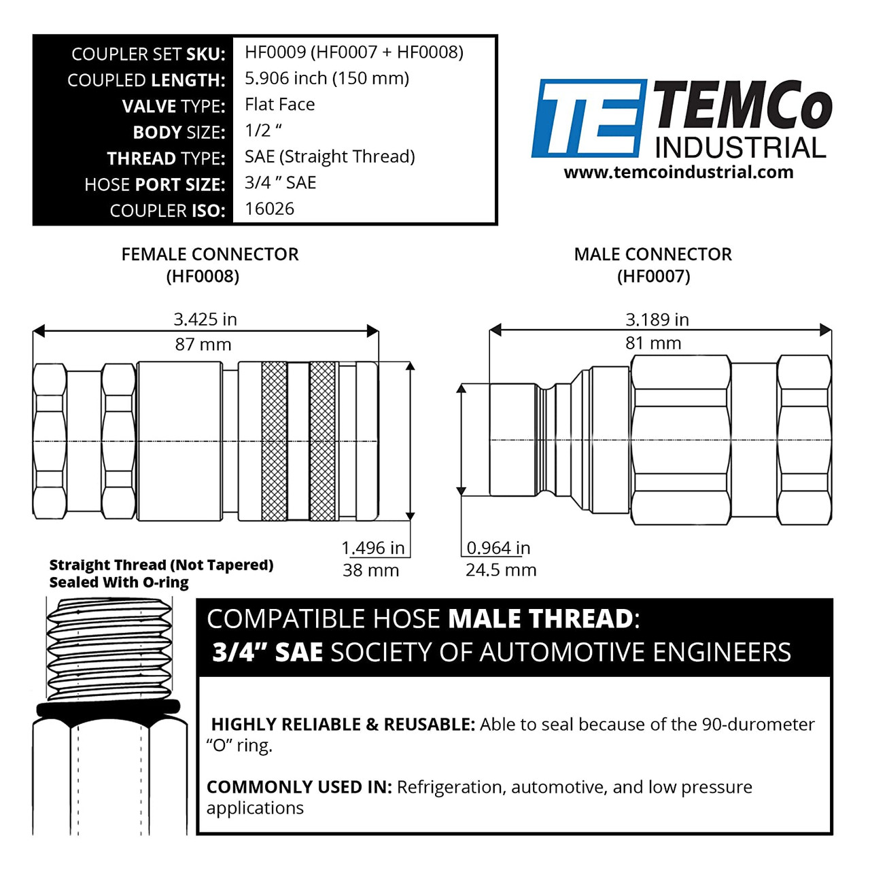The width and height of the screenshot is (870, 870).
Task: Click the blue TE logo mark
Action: [589, 118]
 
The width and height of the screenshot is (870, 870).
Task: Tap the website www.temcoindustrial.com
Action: [678, 173]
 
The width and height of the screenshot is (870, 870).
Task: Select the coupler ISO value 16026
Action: [270, 209]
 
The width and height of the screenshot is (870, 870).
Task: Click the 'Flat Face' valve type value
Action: [280, 104]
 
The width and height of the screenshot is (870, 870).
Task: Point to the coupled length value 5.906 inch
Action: [285, 79]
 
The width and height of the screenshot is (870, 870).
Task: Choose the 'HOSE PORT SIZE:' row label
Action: [155, 185]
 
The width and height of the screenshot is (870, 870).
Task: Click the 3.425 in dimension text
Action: [205, 319]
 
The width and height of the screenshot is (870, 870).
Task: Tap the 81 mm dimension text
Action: [653, 343]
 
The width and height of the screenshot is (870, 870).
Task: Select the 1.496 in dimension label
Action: [373, 548]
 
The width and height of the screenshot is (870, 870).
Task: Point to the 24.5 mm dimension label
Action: [501, 570]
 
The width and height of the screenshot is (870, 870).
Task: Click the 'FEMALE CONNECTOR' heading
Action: [210, 254]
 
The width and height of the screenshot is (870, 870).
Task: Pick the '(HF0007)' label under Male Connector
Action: [654, 277]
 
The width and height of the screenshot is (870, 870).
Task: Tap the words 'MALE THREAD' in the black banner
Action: [540, 619]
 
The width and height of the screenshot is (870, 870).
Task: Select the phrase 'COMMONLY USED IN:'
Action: [299, 787]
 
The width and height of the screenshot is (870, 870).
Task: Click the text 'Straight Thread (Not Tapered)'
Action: [161, 565]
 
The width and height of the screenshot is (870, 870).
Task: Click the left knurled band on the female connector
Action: [274, 441]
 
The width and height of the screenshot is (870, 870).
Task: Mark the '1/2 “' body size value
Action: [263, 130]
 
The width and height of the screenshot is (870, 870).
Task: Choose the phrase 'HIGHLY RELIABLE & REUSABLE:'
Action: [343, 724]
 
